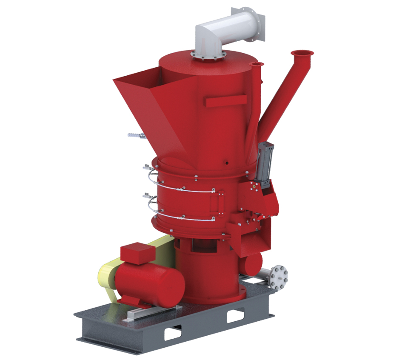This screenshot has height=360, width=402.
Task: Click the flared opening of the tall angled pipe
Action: [x=302, y=53]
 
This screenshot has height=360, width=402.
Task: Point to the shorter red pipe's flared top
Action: [x=256, y=64]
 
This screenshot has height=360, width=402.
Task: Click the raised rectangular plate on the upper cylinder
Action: [x=225, y=101]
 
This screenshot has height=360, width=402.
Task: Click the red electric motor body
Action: [x=153, y=283]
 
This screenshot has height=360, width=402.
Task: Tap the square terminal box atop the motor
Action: [x=137, y=252]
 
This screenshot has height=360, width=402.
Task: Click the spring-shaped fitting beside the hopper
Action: [x=135, y=136]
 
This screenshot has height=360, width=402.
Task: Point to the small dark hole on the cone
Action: [x=226, y=162]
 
